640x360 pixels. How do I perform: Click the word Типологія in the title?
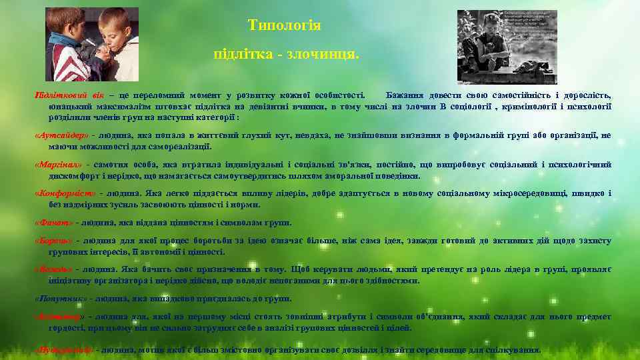point(284,25)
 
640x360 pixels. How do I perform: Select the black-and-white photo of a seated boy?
point(507,46)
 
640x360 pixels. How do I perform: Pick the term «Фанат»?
point(53,223)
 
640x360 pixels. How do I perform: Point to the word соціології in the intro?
point(469,107)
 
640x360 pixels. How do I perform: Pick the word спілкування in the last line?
point(517,351)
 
